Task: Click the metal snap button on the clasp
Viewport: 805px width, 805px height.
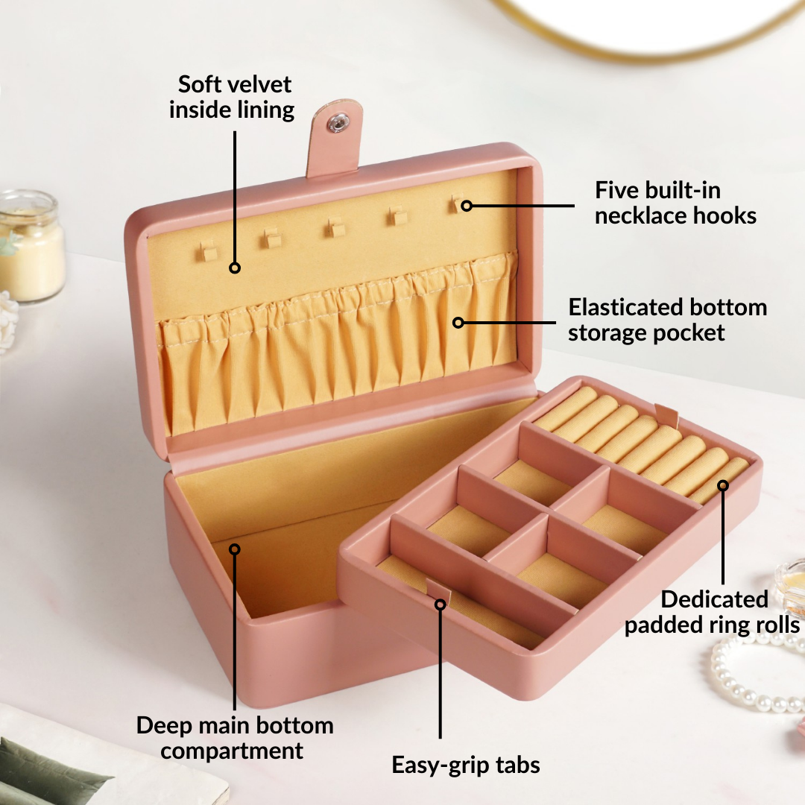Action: (337, 123)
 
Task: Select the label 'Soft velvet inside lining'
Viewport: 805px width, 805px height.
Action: (232, 97)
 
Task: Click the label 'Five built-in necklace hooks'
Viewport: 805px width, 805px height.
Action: (675, 203)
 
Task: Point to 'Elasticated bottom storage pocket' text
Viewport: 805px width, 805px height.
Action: (667, 320)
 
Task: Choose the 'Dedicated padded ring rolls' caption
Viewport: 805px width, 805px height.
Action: (712, 612)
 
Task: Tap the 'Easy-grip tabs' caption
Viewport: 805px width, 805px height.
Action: (466, 765)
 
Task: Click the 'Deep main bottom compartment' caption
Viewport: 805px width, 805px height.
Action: (235, 738)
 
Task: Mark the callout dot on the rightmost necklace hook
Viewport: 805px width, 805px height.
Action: (466, 206)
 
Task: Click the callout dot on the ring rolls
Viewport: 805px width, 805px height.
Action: (723, 485)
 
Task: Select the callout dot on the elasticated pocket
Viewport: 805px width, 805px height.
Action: (458, 323)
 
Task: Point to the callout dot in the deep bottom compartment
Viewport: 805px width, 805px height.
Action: (235, 549)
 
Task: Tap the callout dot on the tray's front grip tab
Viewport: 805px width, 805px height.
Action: (440, 604)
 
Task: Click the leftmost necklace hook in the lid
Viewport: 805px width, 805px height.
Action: (209, 251)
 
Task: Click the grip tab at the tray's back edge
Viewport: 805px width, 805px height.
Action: (666, 415)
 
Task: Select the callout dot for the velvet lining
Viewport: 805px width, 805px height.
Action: (235, 268)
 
